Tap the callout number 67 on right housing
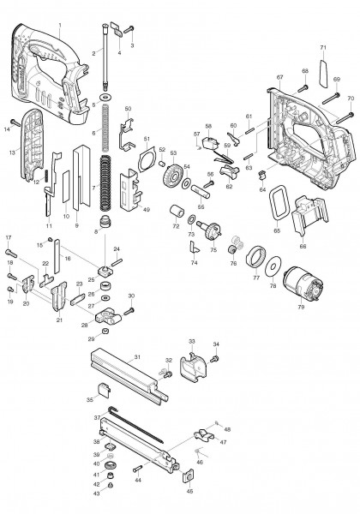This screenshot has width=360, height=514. click(x=279, y=78)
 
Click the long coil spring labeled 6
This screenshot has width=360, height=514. click(x=105, y=133)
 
